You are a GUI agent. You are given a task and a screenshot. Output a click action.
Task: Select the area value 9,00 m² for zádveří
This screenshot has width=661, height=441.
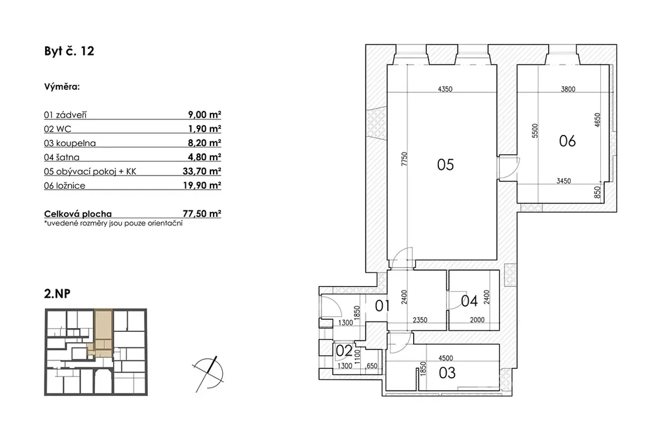205,115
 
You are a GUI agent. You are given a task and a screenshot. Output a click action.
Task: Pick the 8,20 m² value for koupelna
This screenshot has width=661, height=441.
205,143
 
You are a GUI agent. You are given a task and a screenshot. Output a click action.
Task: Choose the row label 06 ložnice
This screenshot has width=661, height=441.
65,185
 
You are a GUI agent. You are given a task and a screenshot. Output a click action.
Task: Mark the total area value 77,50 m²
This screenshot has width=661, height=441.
202,214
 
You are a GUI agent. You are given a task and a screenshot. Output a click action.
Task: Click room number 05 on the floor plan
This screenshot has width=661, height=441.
445,165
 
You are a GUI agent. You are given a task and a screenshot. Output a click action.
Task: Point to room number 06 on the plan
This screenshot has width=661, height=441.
567,140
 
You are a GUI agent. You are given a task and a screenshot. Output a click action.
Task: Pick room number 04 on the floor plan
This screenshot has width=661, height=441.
470,300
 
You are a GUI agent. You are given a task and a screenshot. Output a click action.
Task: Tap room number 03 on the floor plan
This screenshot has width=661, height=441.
447,373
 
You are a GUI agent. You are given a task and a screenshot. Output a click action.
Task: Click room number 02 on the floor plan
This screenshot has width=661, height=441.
343,352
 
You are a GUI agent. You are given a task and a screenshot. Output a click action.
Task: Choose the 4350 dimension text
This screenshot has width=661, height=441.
444,90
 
